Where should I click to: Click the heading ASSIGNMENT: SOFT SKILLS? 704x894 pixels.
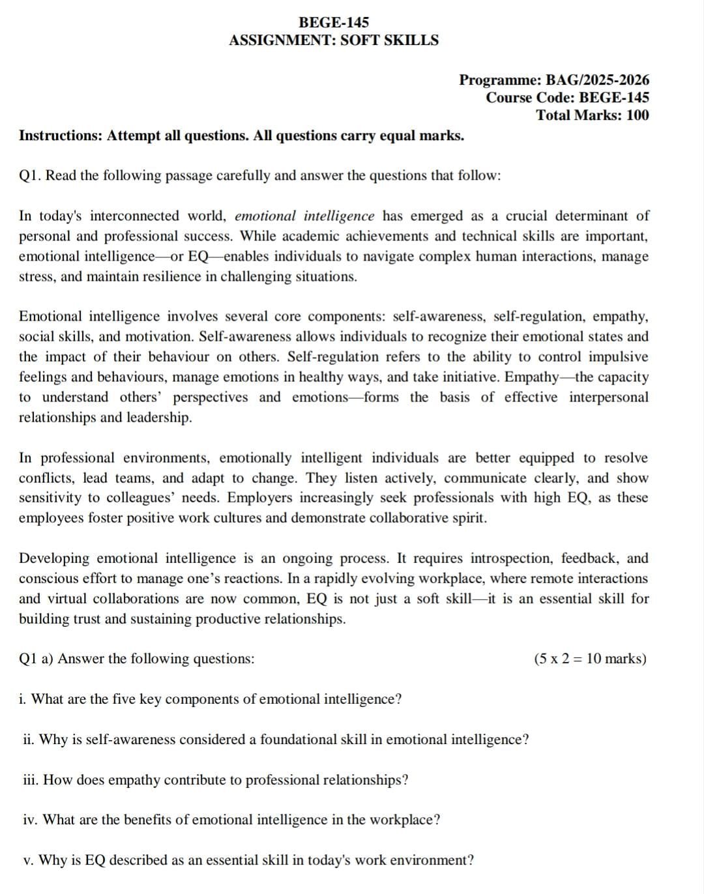coord(334,40)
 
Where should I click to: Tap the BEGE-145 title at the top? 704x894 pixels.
coord(334,22)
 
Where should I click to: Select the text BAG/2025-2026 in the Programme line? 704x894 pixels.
coord(597,80)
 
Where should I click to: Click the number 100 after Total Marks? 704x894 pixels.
coord(638,115)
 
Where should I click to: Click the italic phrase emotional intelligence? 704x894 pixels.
coord(304,216)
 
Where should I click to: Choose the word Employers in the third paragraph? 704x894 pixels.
coord(259,498)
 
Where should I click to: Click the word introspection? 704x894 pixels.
coord(512,558)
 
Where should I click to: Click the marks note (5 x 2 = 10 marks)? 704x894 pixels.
coord(590,658)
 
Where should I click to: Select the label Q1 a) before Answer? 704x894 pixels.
coord(37,659)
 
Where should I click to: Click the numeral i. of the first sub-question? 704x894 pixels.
coord(23,699)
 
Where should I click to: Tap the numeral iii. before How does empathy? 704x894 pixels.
coord(31,780)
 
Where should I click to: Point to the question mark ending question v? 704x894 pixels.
coord(470,860)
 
